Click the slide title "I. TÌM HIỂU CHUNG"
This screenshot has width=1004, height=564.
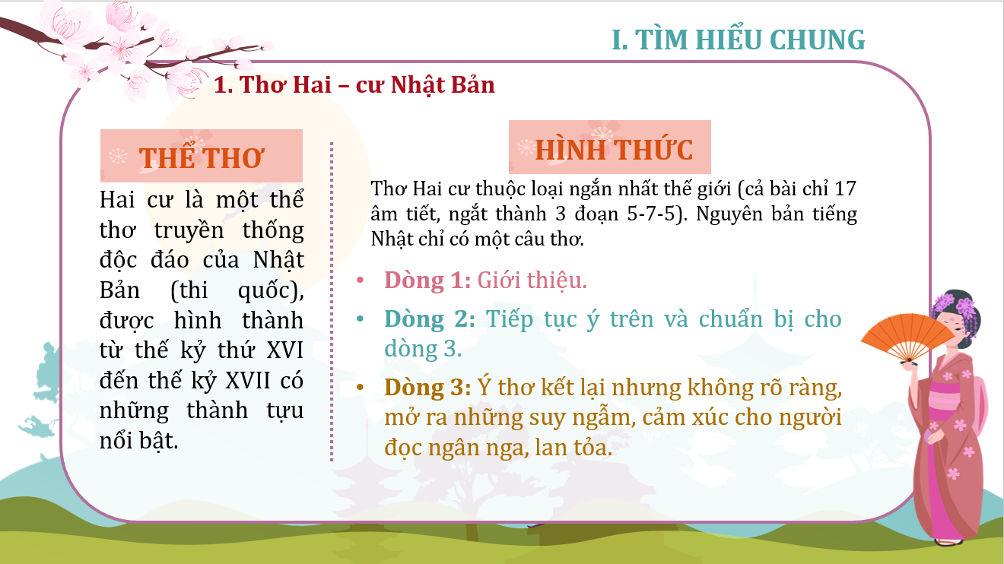pos(739,40)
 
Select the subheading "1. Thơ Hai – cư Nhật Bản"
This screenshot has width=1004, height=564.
pos(354,84)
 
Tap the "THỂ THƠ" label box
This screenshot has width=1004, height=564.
pos(202,156)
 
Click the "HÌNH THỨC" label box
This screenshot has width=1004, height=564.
pos(609,147)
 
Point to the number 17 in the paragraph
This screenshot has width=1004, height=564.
pos(845,189)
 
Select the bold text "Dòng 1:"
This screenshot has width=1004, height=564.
pos(427,280)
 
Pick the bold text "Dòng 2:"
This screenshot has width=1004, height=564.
pos(430,319)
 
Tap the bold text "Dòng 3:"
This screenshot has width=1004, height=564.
pos(427,388)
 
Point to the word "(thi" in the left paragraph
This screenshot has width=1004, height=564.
pos(189,290)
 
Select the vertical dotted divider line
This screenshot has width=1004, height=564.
pos(332,302)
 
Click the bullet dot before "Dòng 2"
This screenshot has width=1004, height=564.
pos(360,319)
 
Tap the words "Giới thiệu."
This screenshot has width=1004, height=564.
pos(532,280)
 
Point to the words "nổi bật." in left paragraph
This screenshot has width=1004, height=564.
pos(139,441)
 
